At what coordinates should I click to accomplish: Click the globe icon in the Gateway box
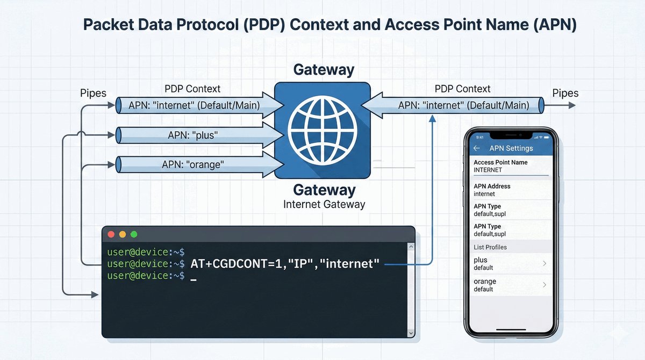[x=322, y=131]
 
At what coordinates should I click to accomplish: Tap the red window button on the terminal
[x=111, y=234]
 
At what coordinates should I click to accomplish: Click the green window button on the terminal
[x=134, y=234]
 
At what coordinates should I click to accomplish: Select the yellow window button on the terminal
[x=123, y=234]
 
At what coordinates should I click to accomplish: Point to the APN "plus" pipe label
[x=191, y=135]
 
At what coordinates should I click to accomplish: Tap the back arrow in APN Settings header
[x=476, y=148]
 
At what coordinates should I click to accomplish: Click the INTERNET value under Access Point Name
[x=488, y=170]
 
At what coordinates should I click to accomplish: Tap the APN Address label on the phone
[x=492, y=186]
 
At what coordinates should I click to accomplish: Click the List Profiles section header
[x=490, y=247]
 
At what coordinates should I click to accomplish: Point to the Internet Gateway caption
[x=324, y=205]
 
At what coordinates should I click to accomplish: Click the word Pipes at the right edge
[x=565, y=93]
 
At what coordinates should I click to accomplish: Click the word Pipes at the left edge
[x=94, y=93]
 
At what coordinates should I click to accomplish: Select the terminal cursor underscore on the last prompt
[x=193, y=278]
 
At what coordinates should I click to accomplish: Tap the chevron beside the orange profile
[x=544, y=285]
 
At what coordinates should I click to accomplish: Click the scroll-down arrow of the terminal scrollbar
[x=411, y=333]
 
